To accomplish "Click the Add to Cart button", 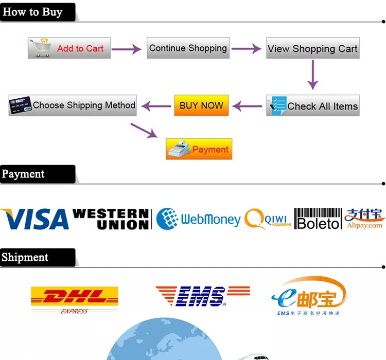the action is click(69, 48).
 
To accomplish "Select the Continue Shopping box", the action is click(188, 48).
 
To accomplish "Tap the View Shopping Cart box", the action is click(313, 48).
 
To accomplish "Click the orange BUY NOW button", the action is click(201, 105).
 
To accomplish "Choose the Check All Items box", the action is click(313, 105).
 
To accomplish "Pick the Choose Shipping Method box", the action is click(73, 105).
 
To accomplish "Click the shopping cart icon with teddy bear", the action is click(40, 47).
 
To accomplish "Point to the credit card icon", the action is click(21, 105).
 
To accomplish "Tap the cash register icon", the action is click(179, 149).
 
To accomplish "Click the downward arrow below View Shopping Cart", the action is click(313, 75).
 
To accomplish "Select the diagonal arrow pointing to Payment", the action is click(144, 131).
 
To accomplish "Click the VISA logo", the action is click(34, 219).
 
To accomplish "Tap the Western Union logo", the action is click(112, 219).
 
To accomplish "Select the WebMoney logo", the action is click(199, 219).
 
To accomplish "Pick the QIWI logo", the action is click(268, 219).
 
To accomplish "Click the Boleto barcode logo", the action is click(318, 219).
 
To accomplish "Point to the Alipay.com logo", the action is click(364, 218).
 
